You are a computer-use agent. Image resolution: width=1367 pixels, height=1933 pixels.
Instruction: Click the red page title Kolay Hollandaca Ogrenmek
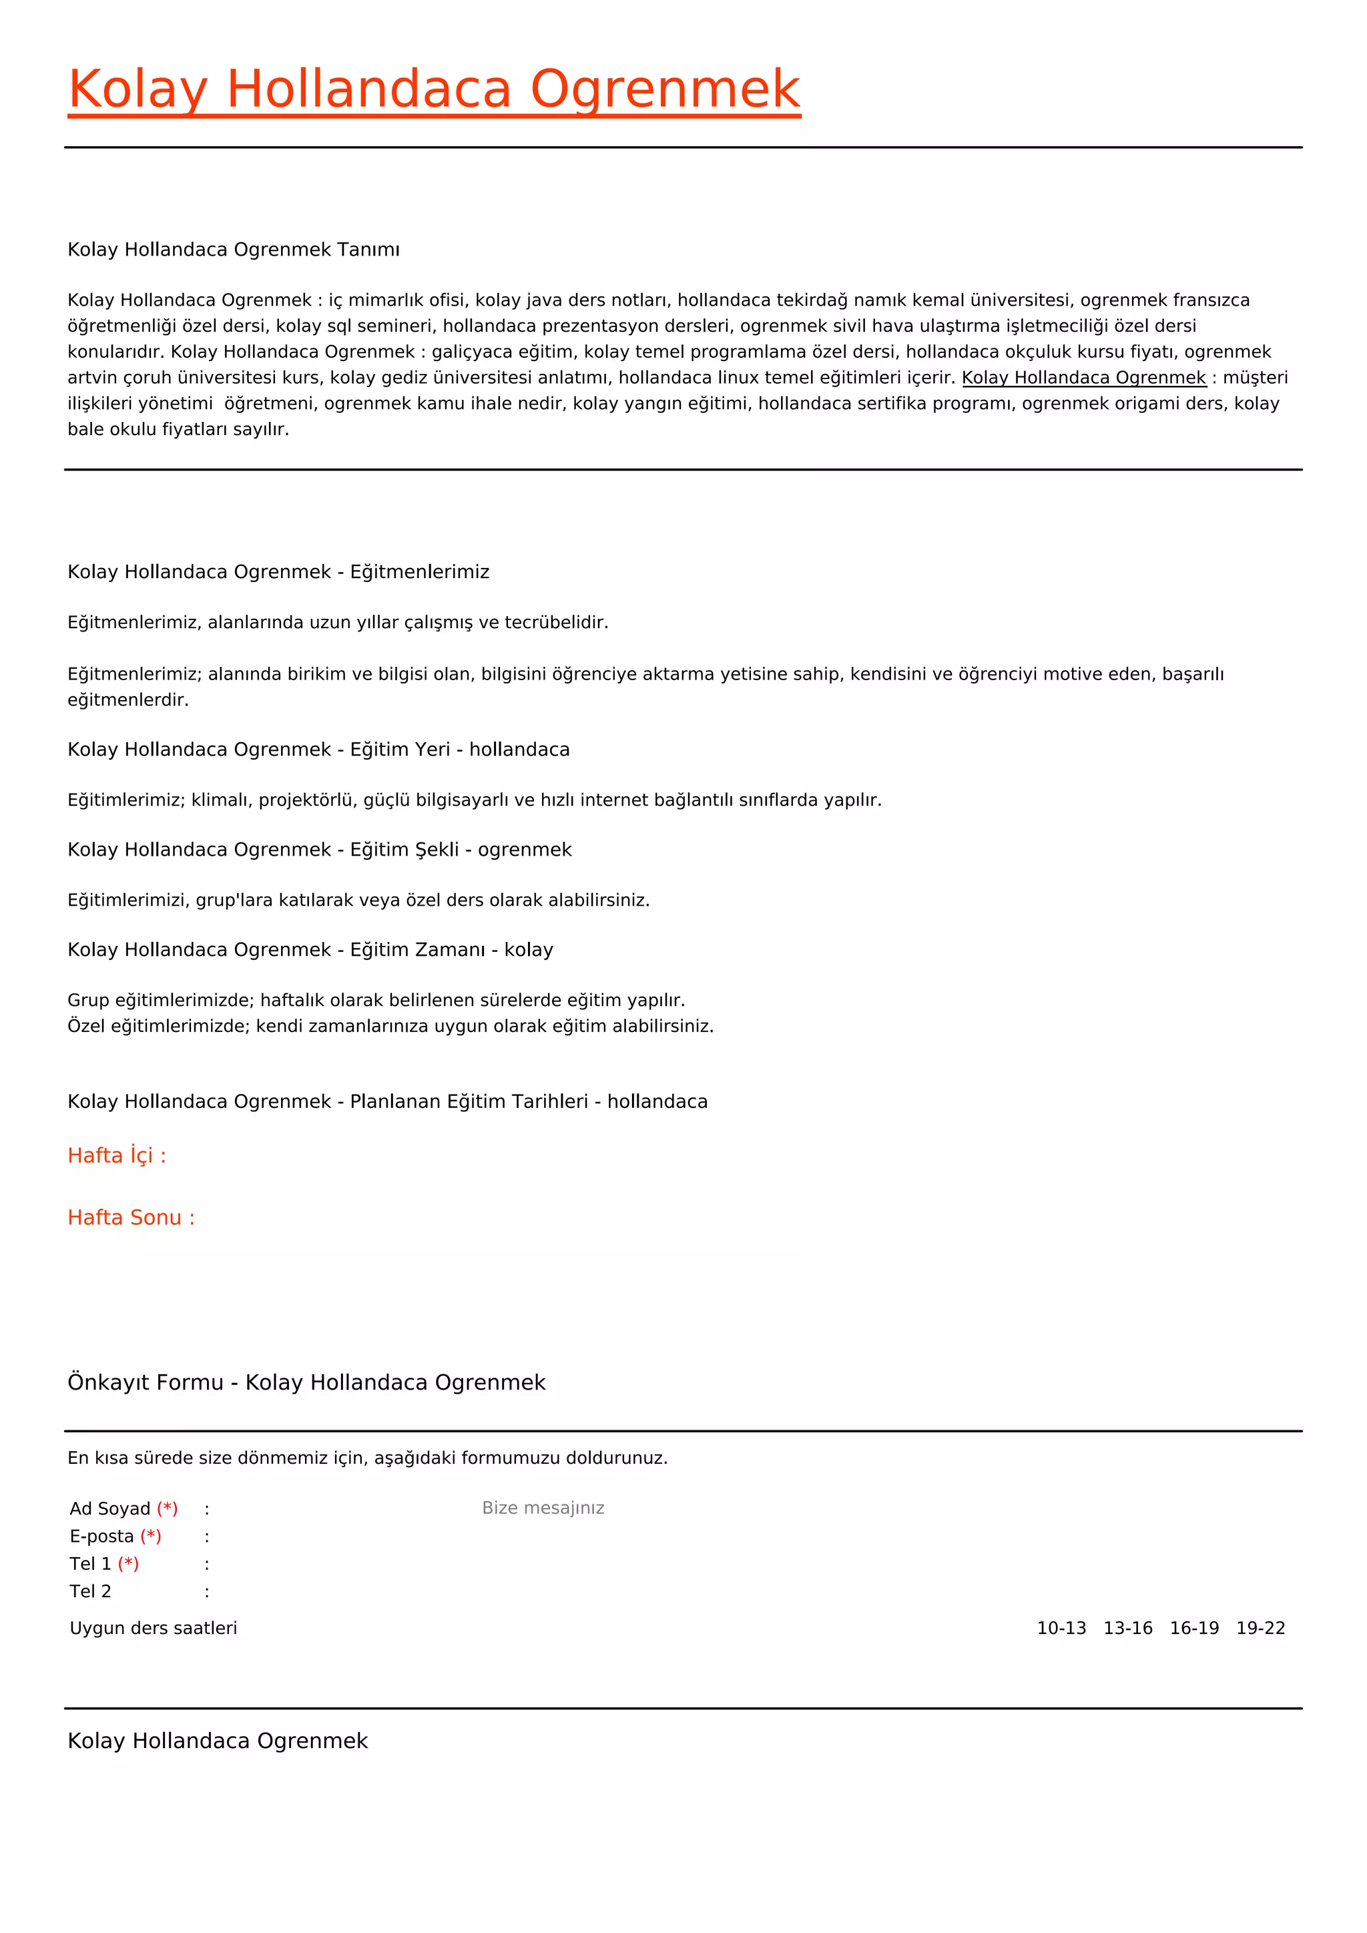pyautogui.click(x=433, y=89)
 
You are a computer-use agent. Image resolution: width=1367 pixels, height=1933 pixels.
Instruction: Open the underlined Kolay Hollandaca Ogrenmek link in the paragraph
pyautogui.click(x=1083, y=378)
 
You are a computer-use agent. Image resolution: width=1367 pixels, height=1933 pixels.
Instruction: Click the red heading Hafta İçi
pyautogui.click(x=116, y=1155)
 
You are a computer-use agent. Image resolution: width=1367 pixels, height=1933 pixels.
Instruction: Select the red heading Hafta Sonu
pyautogui.click(x=130, y=1217)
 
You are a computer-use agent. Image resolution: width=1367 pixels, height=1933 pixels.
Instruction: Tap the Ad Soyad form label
pyautogui.click(x=109, y=1508)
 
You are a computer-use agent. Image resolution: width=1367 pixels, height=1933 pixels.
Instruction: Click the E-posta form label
pyautogui.click(x=102, y=1537)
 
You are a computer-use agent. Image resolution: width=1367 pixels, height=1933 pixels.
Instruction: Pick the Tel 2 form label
pyautogui.click(x=90, y=1591)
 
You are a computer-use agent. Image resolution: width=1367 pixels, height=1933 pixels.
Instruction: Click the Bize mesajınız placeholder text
pyautogui.click(x=543, y=1508)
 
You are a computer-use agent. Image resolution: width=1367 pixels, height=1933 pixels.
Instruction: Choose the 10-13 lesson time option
pyautogui.click(x=1061, y=1628)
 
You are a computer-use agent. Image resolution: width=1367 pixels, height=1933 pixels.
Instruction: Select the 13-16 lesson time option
pyautogui.click(x=1127, y=1628)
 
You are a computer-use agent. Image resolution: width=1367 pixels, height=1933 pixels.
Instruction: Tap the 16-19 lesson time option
pyautogui.click(x=1193, y=1628)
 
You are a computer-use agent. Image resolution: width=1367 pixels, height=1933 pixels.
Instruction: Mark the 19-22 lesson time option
pyautogui.click(x=1260, y=1628)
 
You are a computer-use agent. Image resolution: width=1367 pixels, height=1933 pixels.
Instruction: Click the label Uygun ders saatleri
pyautogui.click(x=154, y=1628)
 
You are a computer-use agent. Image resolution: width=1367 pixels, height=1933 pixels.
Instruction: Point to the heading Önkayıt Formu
pyautogui.click(x=145, y=1382)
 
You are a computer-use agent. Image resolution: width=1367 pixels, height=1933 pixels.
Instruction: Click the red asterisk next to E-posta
pyautogui.click(x=151, y=1537)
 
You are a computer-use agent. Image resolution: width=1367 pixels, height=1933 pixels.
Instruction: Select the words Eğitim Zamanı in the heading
pyautogui.click(x=417, y=950)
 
